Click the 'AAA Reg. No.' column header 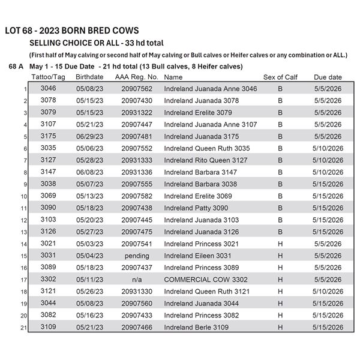[136, 77]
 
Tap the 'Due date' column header [328, 77]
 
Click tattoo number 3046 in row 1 [48, 89]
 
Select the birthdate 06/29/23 [91, 136]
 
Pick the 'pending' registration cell [136, 256]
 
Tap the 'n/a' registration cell [136, 280]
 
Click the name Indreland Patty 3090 [196, 208]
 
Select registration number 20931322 [136, 113]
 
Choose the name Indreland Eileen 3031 [197, 256]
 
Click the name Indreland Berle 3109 [196, 327]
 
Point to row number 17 [25, 280]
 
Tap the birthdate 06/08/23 [91, 172]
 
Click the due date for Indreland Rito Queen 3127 [328, 160]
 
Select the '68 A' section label [16, 67]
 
